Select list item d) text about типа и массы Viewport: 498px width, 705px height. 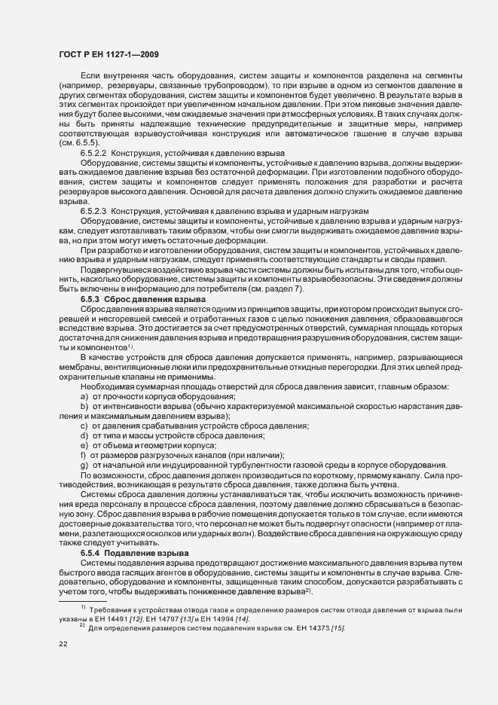pyautogui.click(x=172, y=435)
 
